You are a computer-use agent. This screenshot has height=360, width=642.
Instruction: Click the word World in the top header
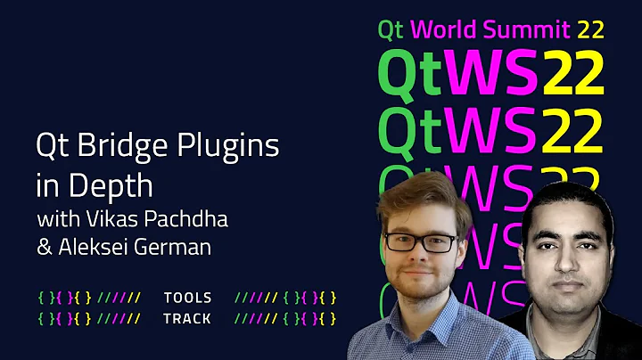coord(446,29)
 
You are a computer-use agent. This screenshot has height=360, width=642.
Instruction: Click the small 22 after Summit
coord(590,29)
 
